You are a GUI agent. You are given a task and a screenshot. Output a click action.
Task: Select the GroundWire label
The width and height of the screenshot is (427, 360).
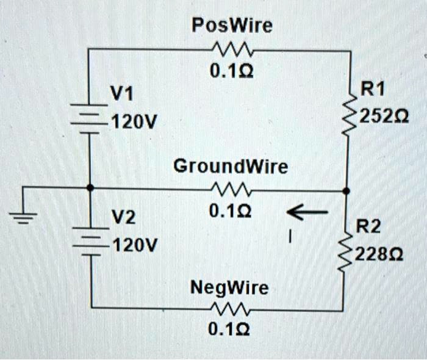(x=230, y=166)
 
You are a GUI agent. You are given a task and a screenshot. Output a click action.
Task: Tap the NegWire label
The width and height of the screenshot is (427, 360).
(x=229, y=287)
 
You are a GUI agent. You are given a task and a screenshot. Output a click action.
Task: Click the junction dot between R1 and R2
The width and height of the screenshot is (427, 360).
(x=347, y=190)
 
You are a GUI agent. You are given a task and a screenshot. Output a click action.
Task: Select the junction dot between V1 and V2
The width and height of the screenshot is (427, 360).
(x=90, y=188)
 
